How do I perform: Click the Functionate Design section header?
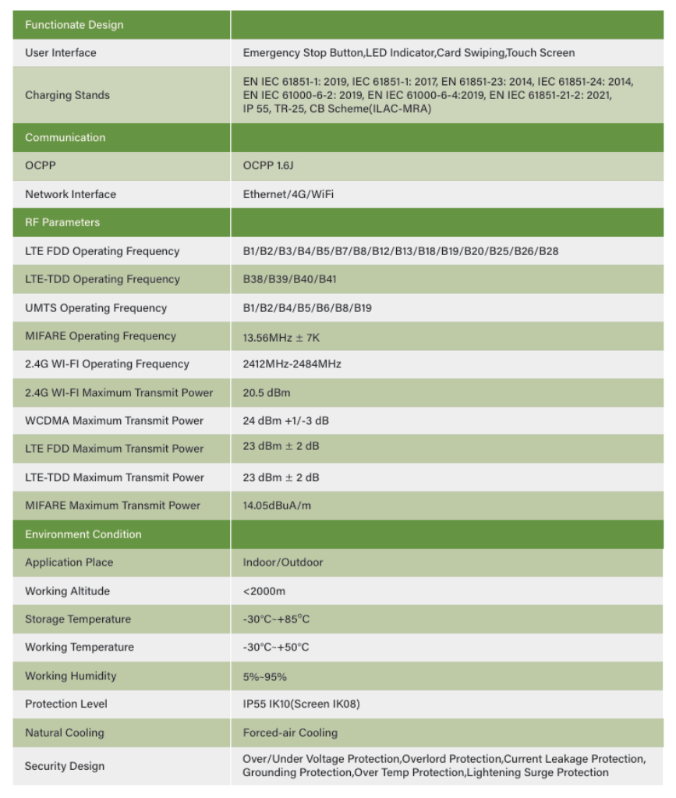pyautogui.click(x=74, y=25)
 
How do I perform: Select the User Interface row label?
pyautogui.click(x=61, y=53)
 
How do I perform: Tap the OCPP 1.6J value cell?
pyautogui.click(x=269, y=166)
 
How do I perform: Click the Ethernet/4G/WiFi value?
pyautogui.click(x=288, y=194)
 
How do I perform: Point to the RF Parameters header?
pyautogui.click(x=62, y=222)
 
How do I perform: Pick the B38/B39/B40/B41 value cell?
pyautogui.click(x=289, y=279)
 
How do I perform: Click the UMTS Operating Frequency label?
pyautogui.click(x=96, y=308)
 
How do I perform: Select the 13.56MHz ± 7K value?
pyautogui.click(x=281, y=337)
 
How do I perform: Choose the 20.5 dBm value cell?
pyautogui.click(x=267, y=392)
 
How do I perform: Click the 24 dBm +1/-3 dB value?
pyautogui.click(x=285, y=420)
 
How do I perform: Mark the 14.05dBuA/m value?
pyautogui.click(x=277, y=505)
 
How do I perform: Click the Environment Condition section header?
pyautogui.click(x=83, y=534)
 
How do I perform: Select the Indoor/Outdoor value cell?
pyautogui.click(x=282, y=562)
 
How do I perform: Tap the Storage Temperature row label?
pyautogui.click(x=78, y=619)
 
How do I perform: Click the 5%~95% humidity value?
pyautogui.click(x=264, y=676)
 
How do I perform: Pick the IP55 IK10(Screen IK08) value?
pyautogui.click(x=301, y=704)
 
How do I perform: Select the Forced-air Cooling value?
pyautogui.click(x=290, y=733)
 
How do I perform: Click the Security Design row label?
pyautogui.click(x=65, y=766)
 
